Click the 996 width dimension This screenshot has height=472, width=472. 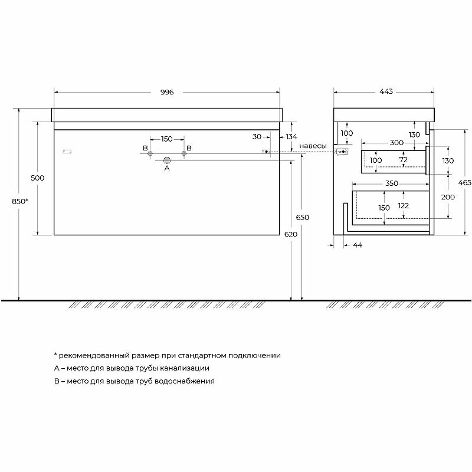pos(166,92)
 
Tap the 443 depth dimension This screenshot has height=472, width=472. pos(386,92)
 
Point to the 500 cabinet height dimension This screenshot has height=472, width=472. pos(38,178)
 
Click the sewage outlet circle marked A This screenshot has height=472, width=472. pos(167,160)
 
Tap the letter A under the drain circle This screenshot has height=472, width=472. pos(167,168)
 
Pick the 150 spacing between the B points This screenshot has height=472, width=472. pos(167,139)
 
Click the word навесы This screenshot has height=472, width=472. pos(313,146)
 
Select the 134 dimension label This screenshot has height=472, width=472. pos(291,137)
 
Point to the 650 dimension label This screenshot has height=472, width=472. pos(303,217)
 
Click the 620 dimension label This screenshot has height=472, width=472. pos(291,234)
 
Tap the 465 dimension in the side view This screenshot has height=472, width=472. pos(464,182)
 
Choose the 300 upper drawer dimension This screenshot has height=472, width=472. pos(396,143)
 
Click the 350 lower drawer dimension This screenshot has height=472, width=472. pos(392,183)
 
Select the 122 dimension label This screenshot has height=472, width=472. pos(404,205)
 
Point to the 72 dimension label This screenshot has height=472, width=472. pos(404,160)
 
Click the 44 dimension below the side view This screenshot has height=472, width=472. pos(357,245)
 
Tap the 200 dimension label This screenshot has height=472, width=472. pos(447,196)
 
